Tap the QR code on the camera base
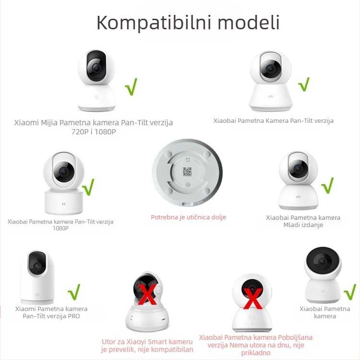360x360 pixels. click(x=188, y=171)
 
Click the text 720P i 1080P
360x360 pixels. click(x=94, y=132)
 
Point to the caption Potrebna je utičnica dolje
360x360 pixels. click(x=189, y=217)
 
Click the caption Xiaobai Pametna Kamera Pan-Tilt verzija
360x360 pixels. click(x=274, y=120)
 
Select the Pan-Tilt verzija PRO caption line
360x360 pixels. click(x=51, y=316)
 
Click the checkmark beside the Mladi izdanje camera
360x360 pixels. click(x=327, y=185)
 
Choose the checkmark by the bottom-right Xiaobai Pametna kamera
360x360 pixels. click(x=350, y=291)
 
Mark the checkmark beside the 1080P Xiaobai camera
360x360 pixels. click(x=88, y=187)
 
